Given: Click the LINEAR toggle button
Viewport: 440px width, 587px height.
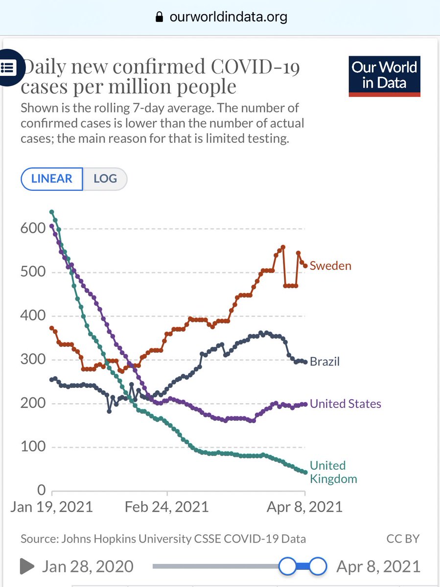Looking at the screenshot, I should tap(52, 179).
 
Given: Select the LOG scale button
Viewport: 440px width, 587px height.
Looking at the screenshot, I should tap(105, 179).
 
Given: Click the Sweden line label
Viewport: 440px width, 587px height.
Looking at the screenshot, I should tap(330, 266).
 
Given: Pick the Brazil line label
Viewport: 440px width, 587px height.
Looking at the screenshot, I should tap(324, 362).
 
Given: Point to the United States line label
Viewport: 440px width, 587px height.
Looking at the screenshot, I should tap(345, 404).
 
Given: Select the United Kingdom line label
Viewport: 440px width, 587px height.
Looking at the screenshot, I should tap(333, 472).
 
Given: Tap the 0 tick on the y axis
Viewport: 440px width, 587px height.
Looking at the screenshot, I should tap(41, 491).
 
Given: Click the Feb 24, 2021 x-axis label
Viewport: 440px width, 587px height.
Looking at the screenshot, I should tap(166, 506).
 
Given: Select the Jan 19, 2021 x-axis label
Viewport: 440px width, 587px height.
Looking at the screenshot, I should tap(51, 506).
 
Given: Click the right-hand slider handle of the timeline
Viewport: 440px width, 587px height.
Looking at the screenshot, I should tap(318, 566).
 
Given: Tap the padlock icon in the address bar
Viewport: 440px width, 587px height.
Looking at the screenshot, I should tap(159, 18).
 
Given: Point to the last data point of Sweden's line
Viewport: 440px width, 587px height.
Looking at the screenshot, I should tap(305, 266).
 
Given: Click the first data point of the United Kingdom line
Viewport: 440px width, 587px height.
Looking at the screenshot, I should tap(52, 212).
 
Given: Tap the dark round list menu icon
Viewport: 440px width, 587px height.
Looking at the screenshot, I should tap(8, 67).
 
